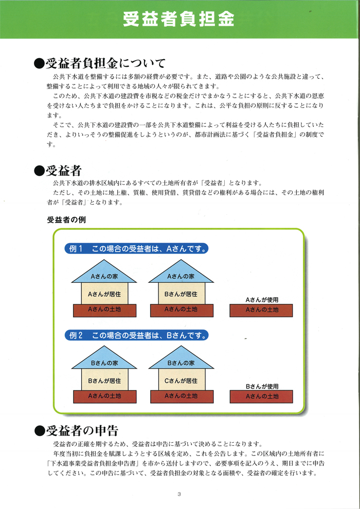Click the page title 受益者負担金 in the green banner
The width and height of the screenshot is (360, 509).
(178, 20)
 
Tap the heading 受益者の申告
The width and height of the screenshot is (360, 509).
(81, 431)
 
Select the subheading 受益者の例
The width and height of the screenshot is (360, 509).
(66, 220)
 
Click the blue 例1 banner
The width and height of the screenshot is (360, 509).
(136, 249)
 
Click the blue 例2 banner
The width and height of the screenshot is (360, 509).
(136, 335)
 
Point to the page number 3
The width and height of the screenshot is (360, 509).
(179, 495)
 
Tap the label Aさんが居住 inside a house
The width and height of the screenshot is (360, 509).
(104, 295)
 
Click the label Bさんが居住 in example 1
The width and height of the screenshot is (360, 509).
(181, 295)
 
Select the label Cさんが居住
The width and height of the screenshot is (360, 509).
(181, 381)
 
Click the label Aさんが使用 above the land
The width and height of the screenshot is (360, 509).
(262, 300)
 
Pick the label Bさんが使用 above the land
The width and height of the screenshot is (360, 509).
(262, 387)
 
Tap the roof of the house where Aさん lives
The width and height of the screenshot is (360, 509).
(104, 271)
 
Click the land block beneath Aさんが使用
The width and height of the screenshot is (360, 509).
(261, 311)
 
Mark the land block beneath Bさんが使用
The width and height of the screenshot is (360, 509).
(261, 397)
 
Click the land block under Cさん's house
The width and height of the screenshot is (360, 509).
(182, 396)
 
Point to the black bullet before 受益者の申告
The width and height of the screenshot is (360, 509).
(39, 432)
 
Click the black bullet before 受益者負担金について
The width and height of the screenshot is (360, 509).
(39, 64)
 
